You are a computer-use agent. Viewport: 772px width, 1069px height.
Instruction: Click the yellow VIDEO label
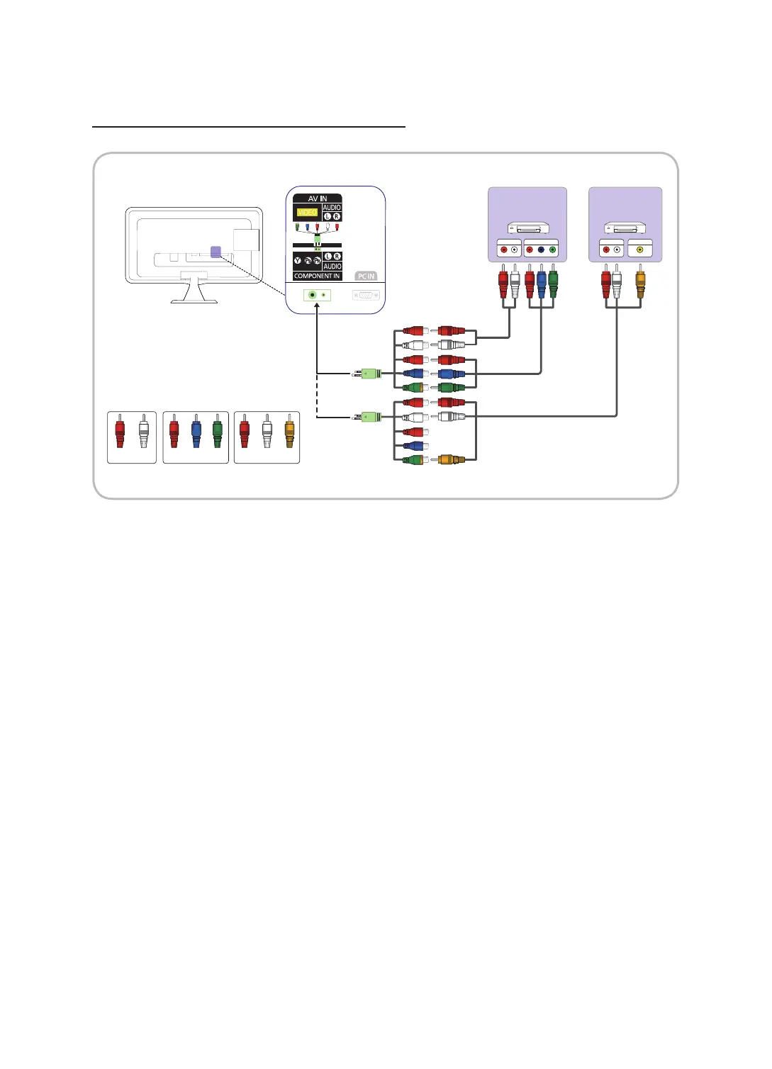[307, 212]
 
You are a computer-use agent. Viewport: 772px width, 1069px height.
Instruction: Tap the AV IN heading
[318, 198]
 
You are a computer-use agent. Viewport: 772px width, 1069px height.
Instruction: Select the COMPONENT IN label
[317, 276]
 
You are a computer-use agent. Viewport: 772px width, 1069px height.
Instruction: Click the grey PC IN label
[366, 276]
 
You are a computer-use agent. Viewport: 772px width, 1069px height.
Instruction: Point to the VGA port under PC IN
[366, 295]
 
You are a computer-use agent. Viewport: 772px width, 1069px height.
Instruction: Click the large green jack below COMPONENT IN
[312, 295]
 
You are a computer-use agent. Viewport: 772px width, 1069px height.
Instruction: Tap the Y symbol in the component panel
[298, 261]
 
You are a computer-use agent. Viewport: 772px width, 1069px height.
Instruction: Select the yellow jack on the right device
[640, 250]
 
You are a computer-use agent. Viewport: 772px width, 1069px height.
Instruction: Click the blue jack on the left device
[541, 250]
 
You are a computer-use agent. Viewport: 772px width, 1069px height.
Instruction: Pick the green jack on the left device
[552, 250]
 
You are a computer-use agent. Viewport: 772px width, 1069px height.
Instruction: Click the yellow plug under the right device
[640, 281]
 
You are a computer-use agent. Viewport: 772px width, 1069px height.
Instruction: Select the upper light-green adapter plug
[369, 374]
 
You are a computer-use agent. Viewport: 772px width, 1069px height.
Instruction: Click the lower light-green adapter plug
[369, 417]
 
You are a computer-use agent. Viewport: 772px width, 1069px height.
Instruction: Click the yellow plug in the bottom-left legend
[289, 433]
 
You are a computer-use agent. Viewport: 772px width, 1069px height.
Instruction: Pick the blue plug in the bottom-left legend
[196, 433]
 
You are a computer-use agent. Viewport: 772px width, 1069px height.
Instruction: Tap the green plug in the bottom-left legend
[217, 433]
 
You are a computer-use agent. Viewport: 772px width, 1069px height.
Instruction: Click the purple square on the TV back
[216, 252]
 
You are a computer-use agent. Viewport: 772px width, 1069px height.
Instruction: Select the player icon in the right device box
[625, 228]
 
